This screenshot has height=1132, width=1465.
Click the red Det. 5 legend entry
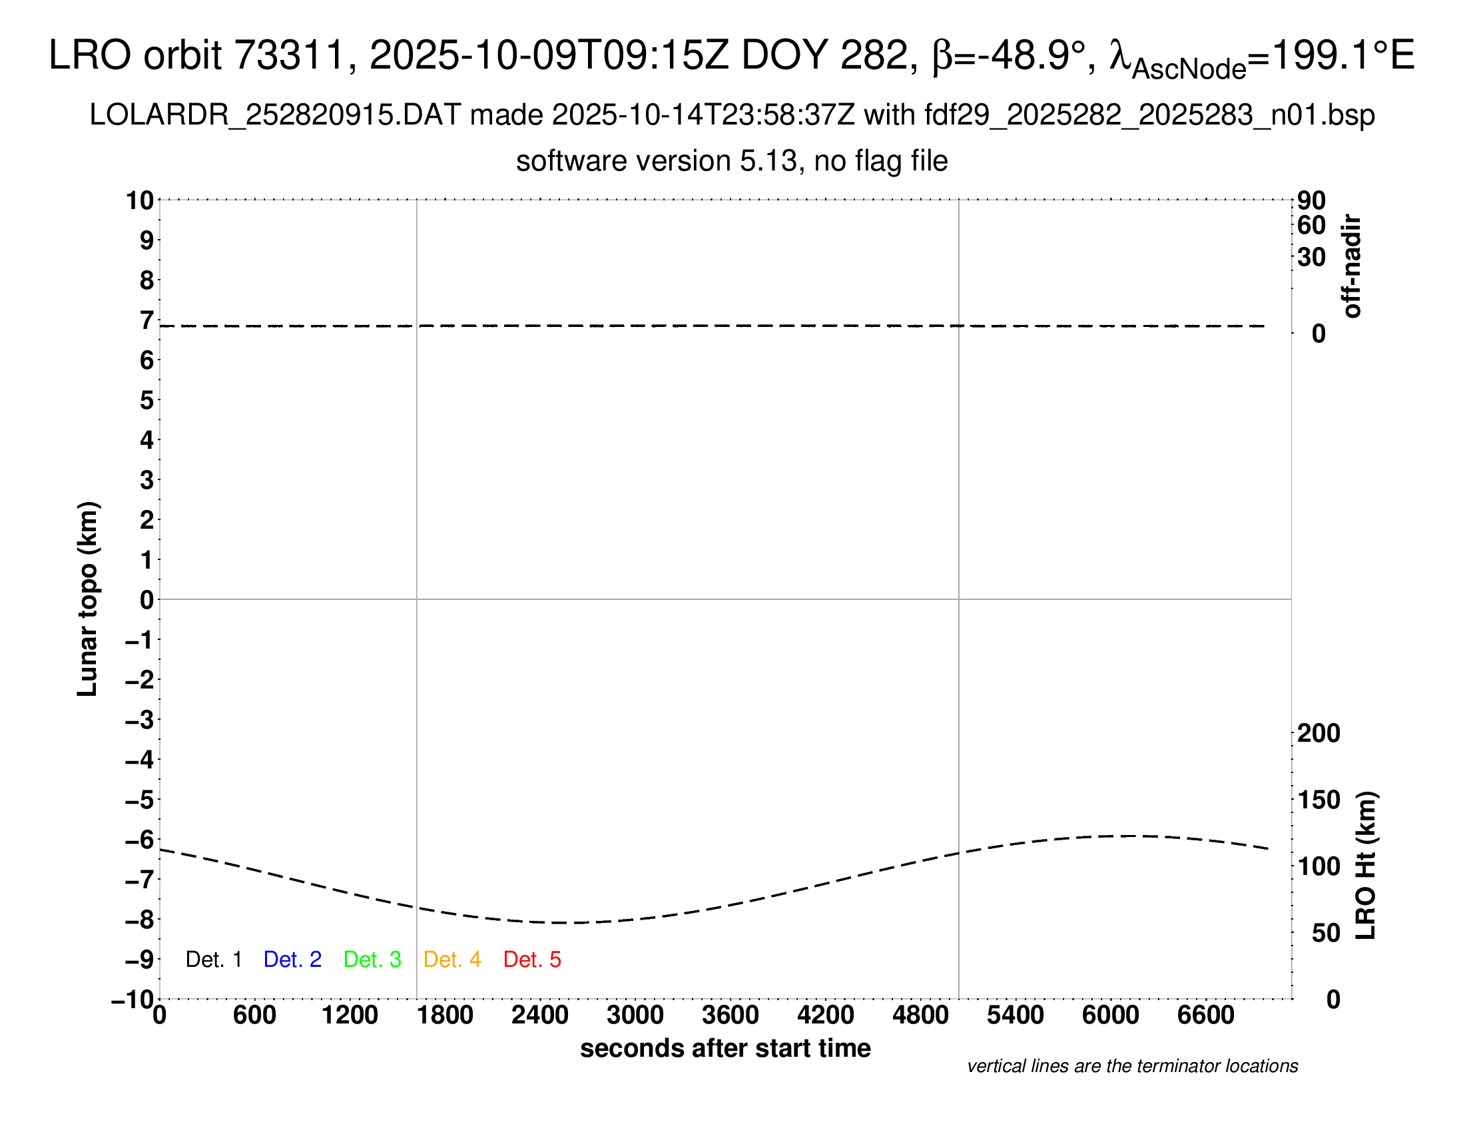532,960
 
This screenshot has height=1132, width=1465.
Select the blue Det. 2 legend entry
292,960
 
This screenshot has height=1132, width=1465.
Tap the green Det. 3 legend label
372,960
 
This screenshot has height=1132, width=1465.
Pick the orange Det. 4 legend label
452,960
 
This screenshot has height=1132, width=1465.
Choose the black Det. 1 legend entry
213,960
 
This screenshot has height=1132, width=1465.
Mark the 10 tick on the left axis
141,200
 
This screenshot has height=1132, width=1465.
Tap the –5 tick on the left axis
140,800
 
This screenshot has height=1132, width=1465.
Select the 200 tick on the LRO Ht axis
1318,734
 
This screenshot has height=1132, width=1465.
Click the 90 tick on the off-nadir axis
1311,200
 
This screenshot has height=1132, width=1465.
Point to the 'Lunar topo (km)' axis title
88,599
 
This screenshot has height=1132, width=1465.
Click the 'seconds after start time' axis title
725,1048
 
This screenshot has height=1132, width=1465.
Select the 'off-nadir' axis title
1352,266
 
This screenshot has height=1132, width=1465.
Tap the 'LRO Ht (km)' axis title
1365,866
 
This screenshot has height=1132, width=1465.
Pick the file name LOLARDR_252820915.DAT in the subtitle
275,115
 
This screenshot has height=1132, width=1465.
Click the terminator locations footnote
1132,1066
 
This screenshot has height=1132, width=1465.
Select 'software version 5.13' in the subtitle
657,162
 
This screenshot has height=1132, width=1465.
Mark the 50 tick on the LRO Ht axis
1325,934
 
